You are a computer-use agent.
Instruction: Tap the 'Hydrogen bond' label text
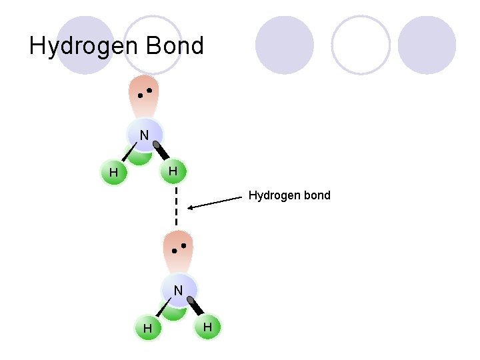(x=289, y=195)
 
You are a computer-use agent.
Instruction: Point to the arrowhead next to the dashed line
(x=191, y=208)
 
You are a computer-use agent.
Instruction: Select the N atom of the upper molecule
(x=144, y=135)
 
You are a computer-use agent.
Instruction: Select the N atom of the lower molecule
(x=178, y=291)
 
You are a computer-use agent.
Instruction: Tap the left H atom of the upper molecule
(x=113, y=173)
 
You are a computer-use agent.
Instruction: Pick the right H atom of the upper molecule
(x=173, y=171)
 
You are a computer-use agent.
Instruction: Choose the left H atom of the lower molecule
(x=147, y=329)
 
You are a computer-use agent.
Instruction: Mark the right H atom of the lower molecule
(x=207, y=327)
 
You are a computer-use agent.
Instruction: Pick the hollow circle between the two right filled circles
(x=361, y=45)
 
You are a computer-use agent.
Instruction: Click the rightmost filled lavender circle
(x=427, y=45)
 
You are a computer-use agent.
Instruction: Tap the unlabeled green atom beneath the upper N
(x=139, y=157)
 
